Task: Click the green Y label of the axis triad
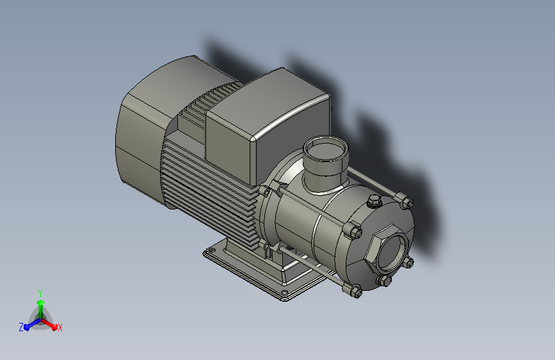pyautogui.click(x=40, y=293)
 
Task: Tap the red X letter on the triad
pyautogui.click(x=60, y=327)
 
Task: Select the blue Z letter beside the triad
pyautogui.click(x=21, y=327)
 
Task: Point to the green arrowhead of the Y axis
pyautogui.click(x=41, y=302)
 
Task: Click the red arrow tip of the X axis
pyautogui.click(x=54, y=327)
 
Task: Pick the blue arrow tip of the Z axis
pyautogui.click(x=27, y=327)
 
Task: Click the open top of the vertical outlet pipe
pyautogui.click(x=326, y=149)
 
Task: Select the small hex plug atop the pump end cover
pyautogui.click(x=373, y=202)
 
